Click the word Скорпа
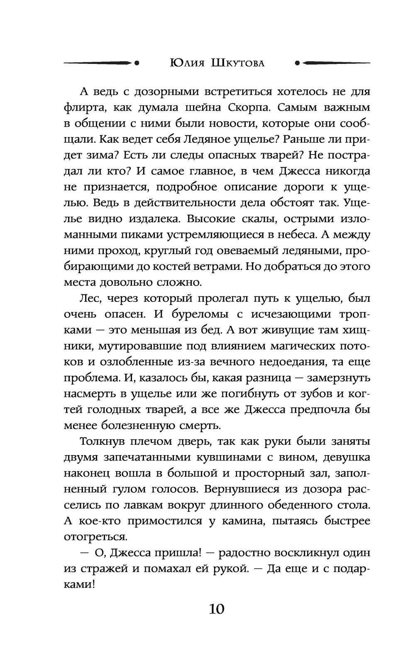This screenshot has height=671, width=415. [x=248, y=108]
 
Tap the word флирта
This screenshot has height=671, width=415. [x=85, y=108]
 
